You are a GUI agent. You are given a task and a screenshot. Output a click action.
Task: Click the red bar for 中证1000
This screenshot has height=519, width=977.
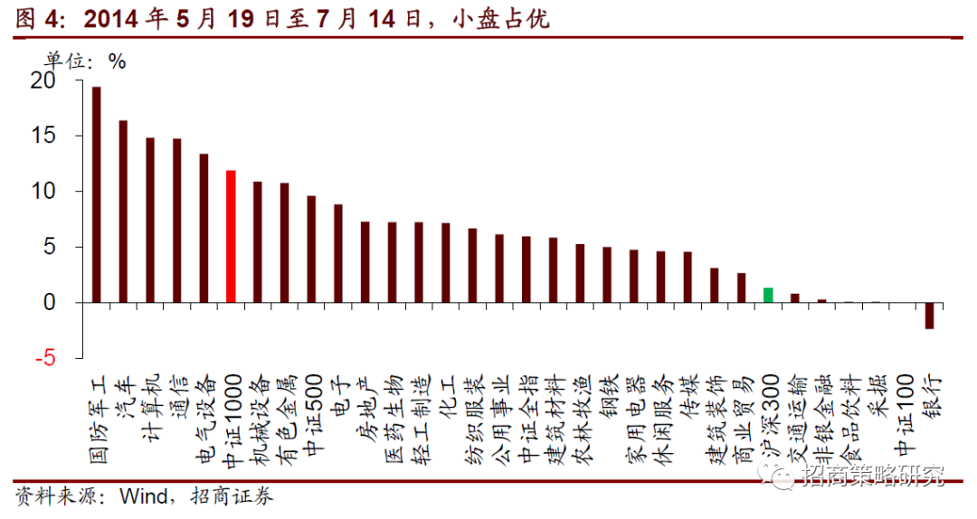[x=231, y=236]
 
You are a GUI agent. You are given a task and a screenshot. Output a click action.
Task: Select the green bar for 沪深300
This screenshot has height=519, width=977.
[x=768, y=295]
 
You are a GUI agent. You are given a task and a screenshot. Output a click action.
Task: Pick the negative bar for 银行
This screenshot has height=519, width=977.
[x=929, y=316]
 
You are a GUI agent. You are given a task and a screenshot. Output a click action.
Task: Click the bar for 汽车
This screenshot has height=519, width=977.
[x=123, y=212]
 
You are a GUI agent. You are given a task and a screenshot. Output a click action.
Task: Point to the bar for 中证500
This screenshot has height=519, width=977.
[x=311, y=249]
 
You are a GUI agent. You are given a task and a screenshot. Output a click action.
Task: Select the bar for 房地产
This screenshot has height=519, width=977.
[x=365, y=261]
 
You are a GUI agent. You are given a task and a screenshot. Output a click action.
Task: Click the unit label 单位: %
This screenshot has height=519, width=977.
[x=86, y=61]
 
